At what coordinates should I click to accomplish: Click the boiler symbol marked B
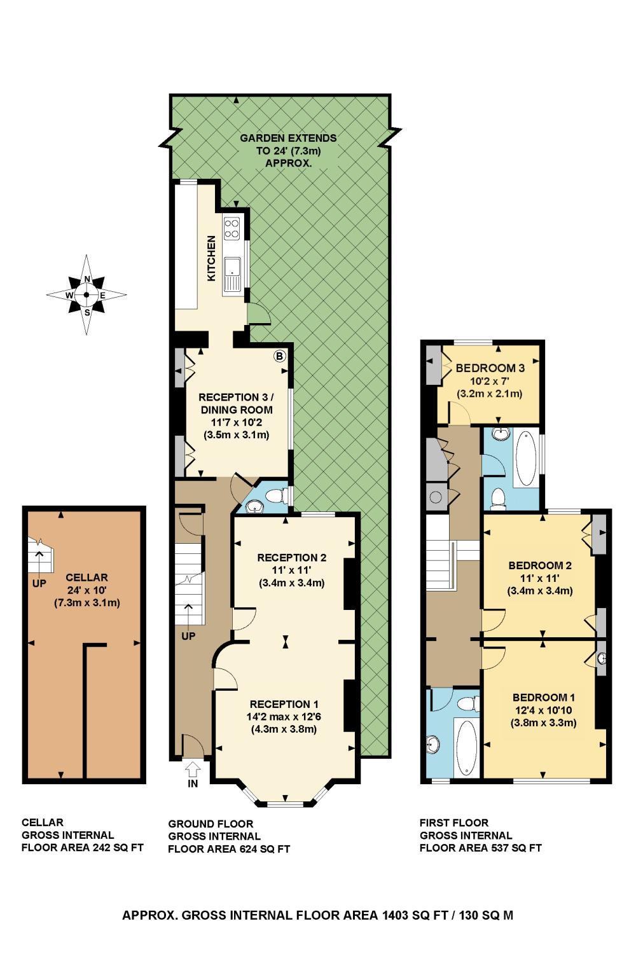point(279,356)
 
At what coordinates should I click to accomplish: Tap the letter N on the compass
point(87,279)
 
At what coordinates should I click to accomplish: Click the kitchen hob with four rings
point(232,228)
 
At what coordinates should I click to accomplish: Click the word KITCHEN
point(211,258)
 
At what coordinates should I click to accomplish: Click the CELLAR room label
point(87,577)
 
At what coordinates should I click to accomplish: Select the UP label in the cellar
point(39,584)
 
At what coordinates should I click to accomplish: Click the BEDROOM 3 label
point(490,368)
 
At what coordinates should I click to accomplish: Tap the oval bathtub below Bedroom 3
point(526,459)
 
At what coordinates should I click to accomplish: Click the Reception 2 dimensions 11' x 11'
point(292,570)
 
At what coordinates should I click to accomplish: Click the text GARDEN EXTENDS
point(288,138)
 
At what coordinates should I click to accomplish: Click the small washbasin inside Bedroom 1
point(601,659)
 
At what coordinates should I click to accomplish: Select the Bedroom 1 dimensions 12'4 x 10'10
point(544,710)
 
